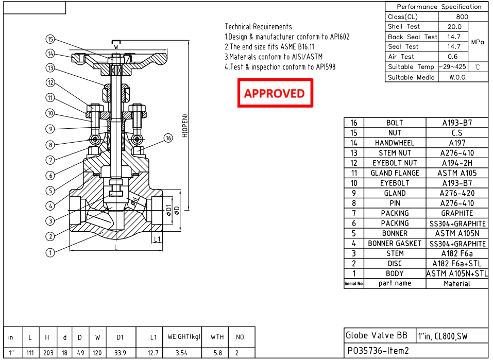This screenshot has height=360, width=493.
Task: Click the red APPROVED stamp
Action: click(275, 93)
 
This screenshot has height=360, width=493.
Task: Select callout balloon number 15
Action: click(50, 39)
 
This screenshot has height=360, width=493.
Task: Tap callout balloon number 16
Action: click(168, 138)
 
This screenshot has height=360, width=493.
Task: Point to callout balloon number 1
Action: click(50, 252)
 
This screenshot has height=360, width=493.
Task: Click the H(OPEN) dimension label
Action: click(185, 126)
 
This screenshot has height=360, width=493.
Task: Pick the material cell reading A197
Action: click(457, 143)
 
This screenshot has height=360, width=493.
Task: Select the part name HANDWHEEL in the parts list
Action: click(395, 143)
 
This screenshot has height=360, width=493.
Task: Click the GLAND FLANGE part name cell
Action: click(395, 173)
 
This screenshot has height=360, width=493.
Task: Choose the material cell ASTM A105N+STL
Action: click(457, 273)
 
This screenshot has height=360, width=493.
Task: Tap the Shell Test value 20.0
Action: click(454, 27)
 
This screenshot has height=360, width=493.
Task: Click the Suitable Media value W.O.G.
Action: click(454, 77)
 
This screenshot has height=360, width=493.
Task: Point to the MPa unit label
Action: click(478, 42)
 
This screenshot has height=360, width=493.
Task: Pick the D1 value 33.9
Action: click(120, 352)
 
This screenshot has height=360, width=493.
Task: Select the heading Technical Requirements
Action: click(258, 27)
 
